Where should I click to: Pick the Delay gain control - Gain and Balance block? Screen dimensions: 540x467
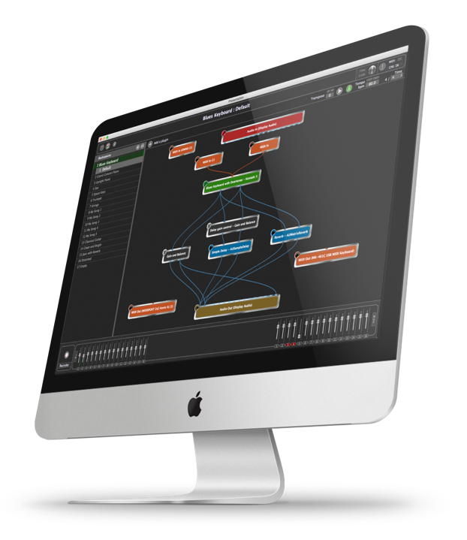[233, 226]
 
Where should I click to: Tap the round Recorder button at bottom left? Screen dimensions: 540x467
[68, 353]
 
